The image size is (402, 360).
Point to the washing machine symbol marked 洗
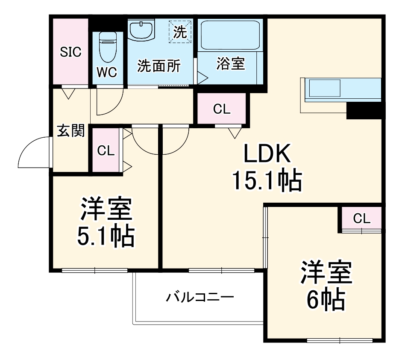pyautogui.click(x=180, y=32)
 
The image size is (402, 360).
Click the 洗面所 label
pyautogui.click(x=158, y=66)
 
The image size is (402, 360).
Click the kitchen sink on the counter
pyautogui.click(x=325, y=89)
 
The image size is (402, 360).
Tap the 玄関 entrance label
pyautogui.click(x=70, y=131)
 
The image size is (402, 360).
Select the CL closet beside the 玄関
pyautogui.click(x=106, y=150)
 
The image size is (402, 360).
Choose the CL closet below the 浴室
pyautogui.click(x=222, y=109)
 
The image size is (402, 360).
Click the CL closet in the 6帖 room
pyautogui.click(x=361, y=218)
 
